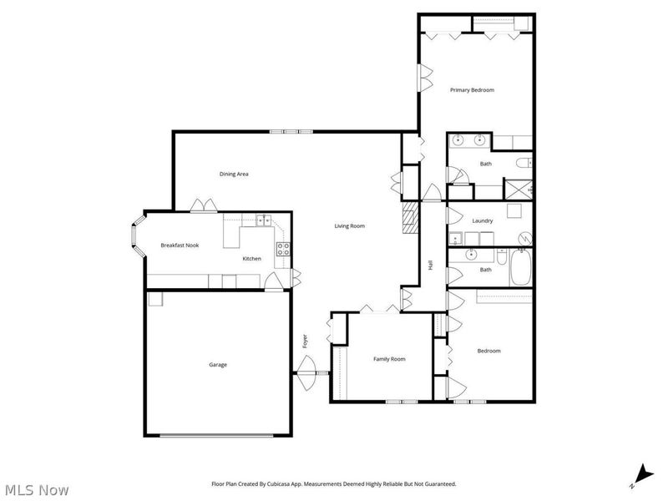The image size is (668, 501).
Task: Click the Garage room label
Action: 218,364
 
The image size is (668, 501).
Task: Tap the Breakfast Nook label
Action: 180,245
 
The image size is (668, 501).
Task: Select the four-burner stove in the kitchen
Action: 283,247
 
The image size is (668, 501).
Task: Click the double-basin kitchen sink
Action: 263,220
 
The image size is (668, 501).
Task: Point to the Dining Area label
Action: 234,174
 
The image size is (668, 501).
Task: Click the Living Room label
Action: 350,225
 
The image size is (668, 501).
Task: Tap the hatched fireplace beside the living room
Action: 409,220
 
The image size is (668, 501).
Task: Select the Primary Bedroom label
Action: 473,89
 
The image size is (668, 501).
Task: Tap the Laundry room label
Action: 482,220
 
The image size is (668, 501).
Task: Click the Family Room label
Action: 389,359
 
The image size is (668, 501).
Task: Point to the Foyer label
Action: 306,341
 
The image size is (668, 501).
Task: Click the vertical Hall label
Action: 431,265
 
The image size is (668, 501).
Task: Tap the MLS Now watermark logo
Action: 36,490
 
